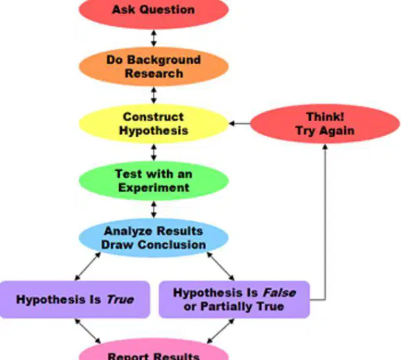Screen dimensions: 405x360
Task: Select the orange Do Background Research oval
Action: point(153,66)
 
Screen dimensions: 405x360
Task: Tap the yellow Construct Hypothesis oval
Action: point(153,124)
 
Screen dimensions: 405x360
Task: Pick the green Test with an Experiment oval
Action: point(153,180)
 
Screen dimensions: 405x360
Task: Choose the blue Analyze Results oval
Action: point(153,238)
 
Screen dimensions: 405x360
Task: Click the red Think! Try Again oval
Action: point(325,124)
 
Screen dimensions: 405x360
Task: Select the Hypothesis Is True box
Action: point(75,299)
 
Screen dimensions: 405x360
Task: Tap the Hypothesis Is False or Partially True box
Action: point(234,299)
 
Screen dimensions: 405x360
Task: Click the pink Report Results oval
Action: point(153,349)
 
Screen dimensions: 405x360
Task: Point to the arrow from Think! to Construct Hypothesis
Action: point(240,124)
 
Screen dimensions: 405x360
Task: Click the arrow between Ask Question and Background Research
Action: point(153,38)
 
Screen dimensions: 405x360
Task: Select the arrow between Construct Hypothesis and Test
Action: point(153,152)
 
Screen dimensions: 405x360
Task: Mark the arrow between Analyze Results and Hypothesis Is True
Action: point(88,267)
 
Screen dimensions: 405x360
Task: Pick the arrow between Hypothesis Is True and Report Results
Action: point(88,331)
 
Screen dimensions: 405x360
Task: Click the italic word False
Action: point(279,293)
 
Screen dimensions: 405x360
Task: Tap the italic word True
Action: point(120,299)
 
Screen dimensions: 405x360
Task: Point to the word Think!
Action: point(325,116)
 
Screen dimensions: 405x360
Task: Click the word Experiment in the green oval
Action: point(153,188)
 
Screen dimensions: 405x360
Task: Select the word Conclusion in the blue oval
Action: point(172,245)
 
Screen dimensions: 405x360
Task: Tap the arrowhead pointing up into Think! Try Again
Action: point(325,147)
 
